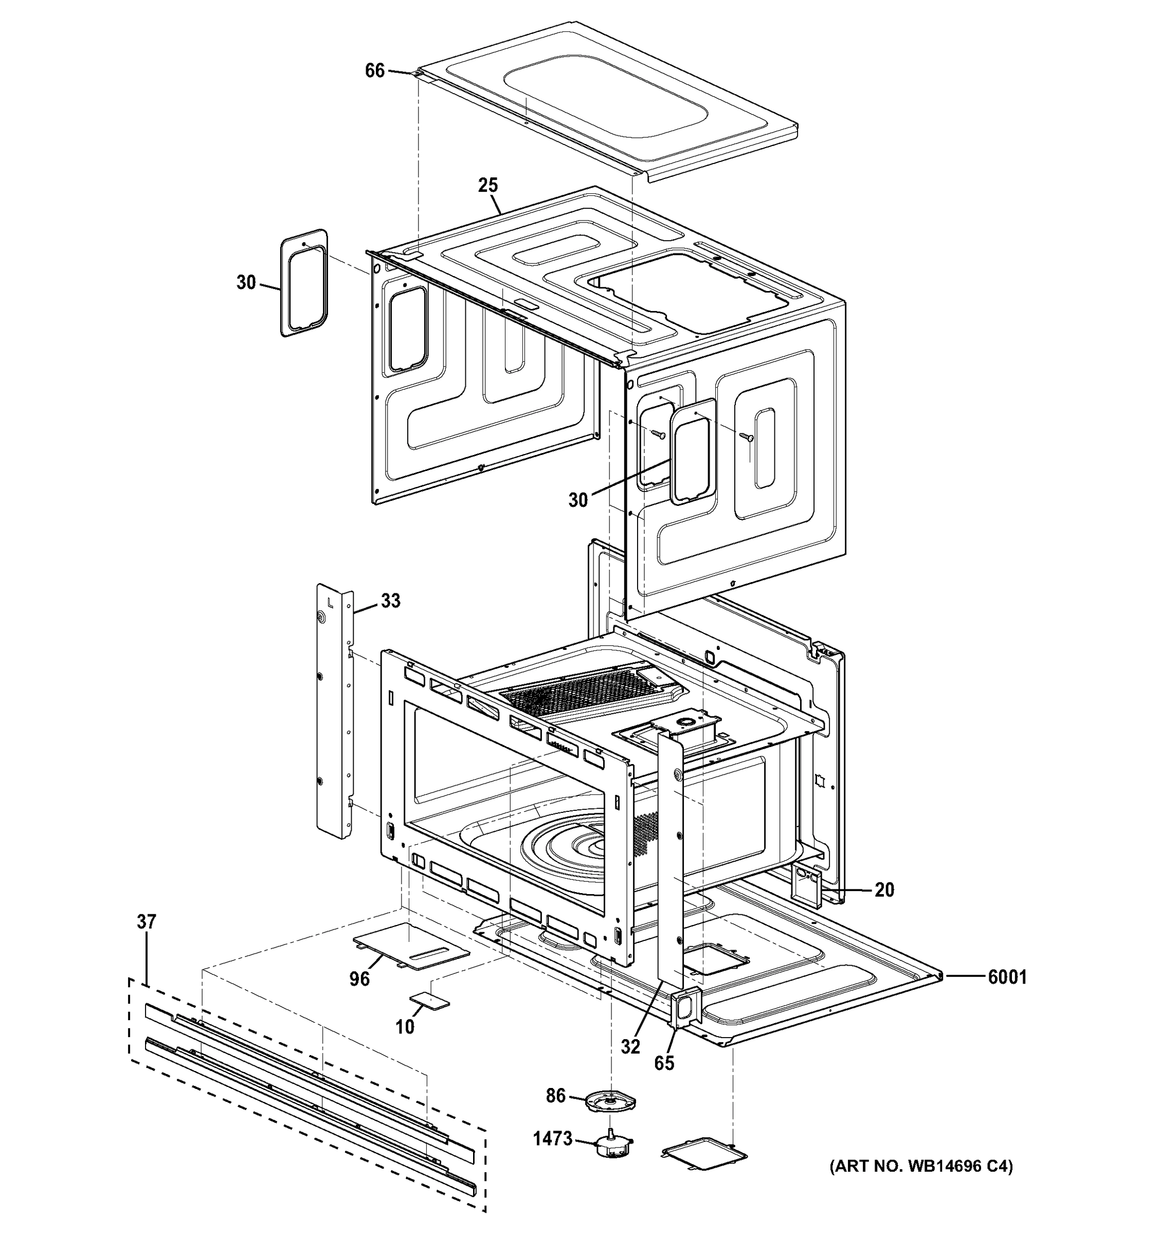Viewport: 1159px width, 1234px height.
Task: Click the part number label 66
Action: click(x=374, y=71)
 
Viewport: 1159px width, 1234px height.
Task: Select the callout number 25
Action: click(x=488, y=185)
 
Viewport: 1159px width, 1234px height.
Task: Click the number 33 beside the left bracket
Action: click(x=390, y=601)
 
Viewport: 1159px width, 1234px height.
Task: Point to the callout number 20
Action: click(x=884, y=890)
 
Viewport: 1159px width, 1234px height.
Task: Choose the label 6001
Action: click(x=1007, y=977)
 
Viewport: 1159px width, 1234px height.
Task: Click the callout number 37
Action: click(x=147, y=922)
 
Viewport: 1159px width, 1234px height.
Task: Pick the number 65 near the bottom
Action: click(x=664, y=1063)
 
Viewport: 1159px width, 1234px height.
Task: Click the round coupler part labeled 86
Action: click(x=610, y=1103)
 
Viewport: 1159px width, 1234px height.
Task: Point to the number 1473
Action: click(x=552, y=1138)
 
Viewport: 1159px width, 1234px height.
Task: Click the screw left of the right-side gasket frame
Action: click(x=659, y=434)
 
